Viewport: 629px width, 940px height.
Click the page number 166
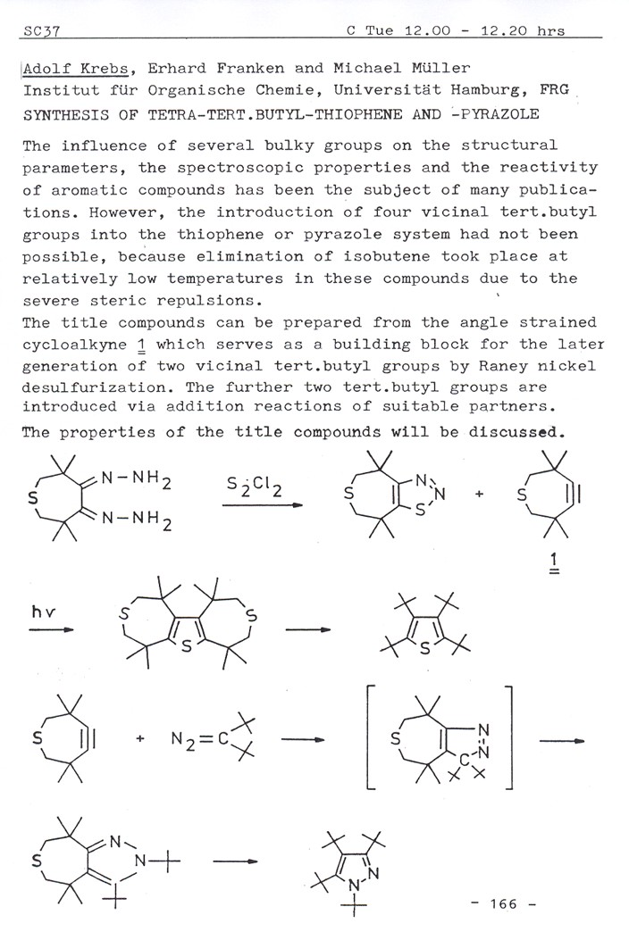503,903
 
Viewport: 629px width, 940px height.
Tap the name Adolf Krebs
71,69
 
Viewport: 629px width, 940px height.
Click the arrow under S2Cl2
264,506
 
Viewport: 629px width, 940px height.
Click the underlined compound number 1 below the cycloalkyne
555,562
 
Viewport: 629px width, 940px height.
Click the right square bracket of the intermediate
507,738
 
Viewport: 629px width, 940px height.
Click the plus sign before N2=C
141,740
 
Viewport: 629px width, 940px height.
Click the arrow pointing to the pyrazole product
237,861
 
